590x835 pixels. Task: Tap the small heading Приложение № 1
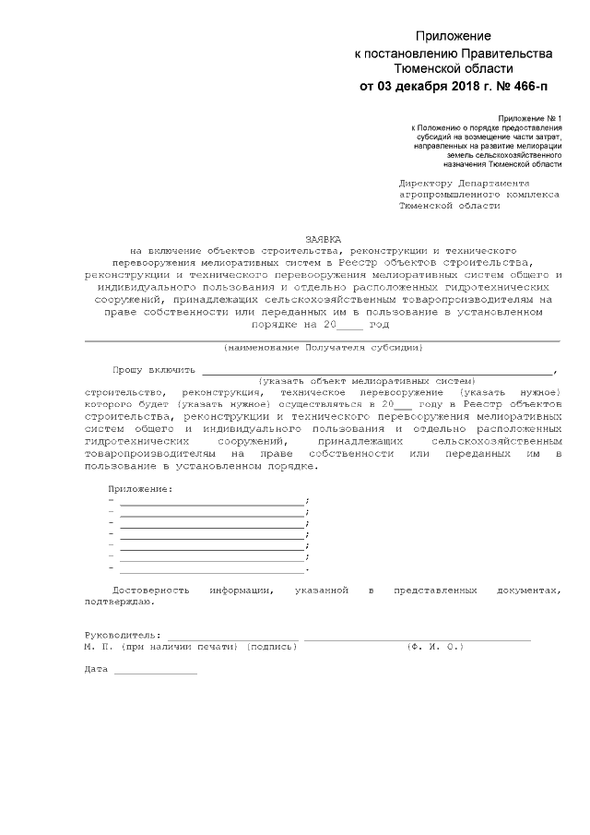pos(529,119)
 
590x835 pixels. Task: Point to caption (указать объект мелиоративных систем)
pos(367,380)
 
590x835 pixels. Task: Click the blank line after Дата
pos(155,670)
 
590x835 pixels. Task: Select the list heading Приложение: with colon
pos(140,487)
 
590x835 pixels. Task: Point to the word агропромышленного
pos(448,195)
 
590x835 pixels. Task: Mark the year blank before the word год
pos(350,326)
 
